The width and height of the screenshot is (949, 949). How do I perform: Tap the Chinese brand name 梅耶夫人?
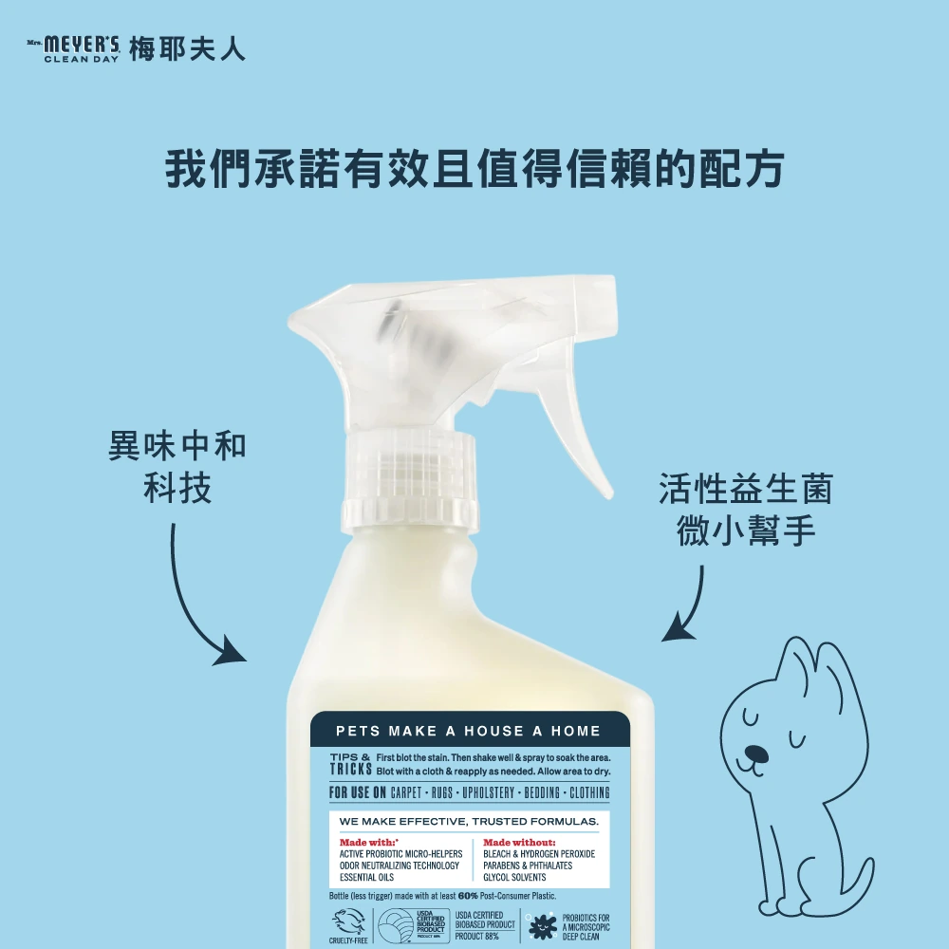pos(187,48)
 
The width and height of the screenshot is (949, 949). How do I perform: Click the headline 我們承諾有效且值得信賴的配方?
pos(474,169)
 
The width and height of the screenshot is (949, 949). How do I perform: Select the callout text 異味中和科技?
pos(177,466)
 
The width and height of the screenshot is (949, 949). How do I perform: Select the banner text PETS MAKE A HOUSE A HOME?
pos(469,731)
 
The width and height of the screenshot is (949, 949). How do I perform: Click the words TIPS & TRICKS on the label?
pos(349,764)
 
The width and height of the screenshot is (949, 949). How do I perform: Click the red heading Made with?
pos(368,842)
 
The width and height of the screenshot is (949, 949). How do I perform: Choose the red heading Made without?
pos(519,842)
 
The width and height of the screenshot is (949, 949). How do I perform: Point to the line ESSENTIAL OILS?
pos(366,878)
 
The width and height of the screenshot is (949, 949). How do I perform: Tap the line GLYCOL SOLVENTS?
pos(514,878)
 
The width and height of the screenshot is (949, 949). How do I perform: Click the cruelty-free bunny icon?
pos(348,922)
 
